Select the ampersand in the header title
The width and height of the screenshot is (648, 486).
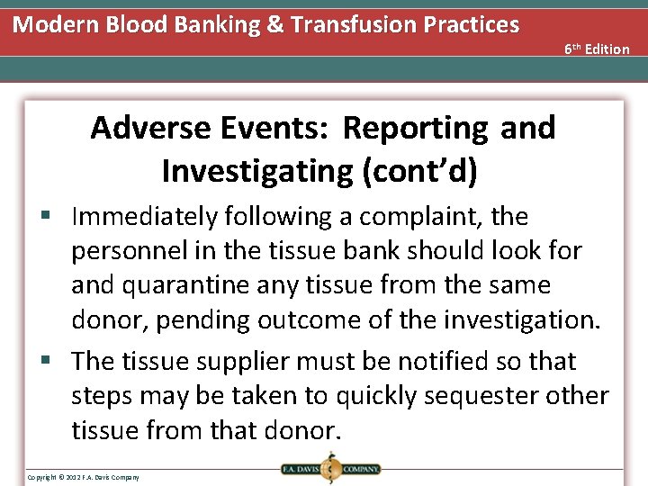click(247, 24)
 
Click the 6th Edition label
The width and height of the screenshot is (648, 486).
click(597, 49)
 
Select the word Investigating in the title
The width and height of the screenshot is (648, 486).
click(257, 170)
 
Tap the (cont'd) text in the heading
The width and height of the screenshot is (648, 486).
click(422, 170)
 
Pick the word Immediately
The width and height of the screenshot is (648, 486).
click(145, 217)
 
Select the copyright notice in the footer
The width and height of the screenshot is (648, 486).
click(83, 476)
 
